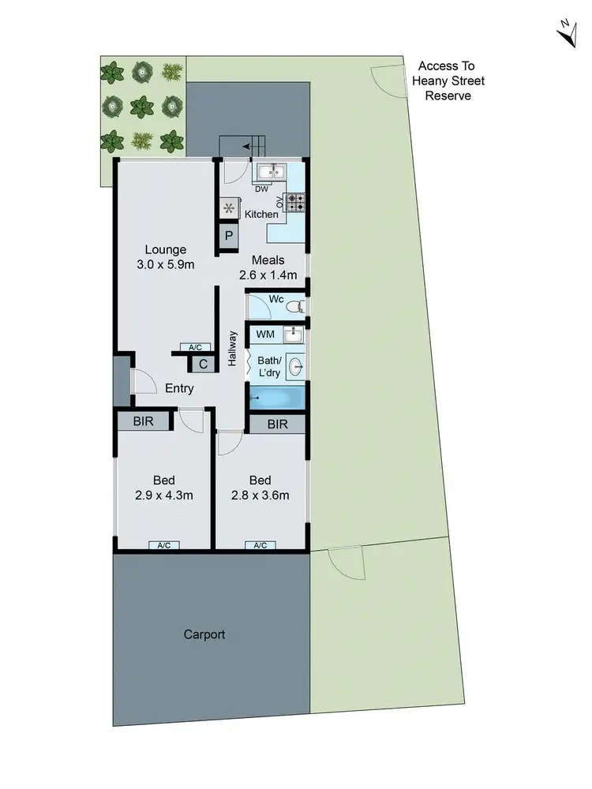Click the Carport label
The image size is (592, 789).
(204, 634)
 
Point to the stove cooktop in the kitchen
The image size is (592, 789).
(297, 203)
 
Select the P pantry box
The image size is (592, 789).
(229, 236)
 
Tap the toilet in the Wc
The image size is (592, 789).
(295, 305)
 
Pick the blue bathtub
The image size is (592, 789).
(276, 398)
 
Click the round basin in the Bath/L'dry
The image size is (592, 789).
(296, 366)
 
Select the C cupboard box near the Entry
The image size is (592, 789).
(203, 364)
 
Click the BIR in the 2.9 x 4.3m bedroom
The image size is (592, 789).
(143, 421)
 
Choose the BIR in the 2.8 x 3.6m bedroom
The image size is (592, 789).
(276, 424)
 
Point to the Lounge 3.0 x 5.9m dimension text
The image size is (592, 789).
(165, 265)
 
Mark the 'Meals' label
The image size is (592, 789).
(268, 260)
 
